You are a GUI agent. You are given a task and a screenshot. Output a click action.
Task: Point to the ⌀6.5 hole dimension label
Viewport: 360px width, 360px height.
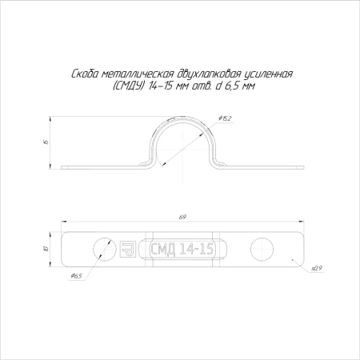point(76,275)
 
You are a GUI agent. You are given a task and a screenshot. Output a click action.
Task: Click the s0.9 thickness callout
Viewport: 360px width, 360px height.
point(317,268)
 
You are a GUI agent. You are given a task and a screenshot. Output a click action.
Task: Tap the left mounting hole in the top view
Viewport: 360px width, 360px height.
point(103,249)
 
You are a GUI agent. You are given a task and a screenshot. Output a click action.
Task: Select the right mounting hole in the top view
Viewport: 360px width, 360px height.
point(262,249)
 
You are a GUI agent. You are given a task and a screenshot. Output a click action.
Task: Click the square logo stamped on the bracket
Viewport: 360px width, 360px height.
point(128,249)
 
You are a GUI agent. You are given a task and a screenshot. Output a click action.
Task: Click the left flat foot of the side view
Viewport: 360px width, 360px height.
point(100,167)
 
